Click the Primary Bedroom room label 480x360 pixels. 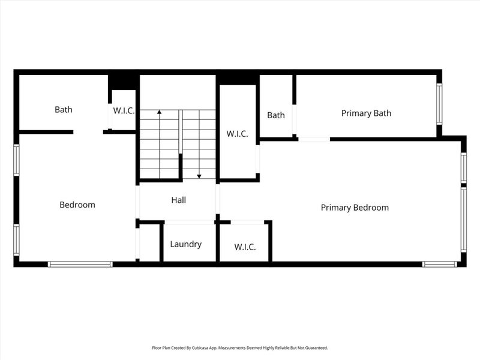355,208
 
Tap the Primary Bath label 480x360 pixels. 366,113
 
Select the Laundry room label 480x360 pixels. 185,244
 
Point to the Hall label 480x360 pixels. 178,200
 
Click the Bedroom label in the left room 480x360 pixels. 77,205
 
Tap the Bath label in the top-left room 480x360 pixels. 64,109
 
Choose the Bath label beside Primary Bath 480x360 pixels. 276,115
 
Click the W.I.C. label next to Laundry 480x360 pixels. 245,247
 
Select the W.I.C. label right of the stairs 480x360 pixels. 237,134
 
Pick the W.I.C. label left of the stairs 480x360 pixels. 124,111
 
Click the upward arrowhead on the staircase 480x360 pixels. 159,112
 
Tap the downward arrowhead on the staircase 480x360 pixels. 199,176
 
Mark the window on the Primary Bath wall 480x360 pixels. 439,103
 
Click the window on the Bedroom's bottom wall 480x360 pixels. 80,264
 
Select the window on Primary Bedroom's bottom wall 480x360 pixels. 440,264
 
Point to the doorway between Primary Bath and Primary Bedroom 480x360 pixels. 314,139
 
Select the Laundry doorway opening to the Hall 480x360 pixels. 189,223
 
